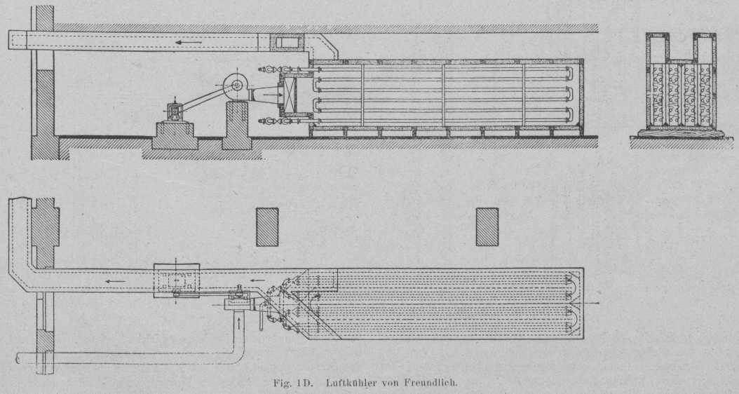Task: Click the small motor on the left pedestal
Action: coord(175,111)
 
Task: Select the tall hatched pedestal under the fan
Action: coord(236,125)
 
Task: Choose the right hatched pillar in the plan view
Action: coord(487,226)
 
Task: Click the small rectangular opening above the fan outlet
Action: coord(287,43)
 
